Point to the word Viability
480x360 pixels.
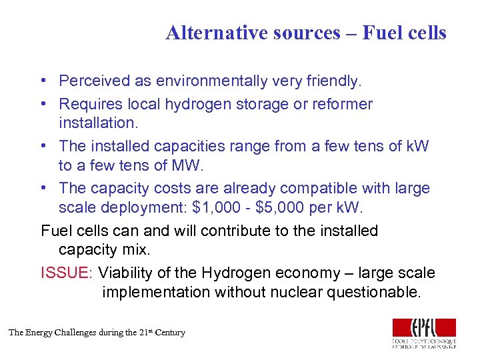130,273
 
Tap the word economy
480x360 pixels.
316,273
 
